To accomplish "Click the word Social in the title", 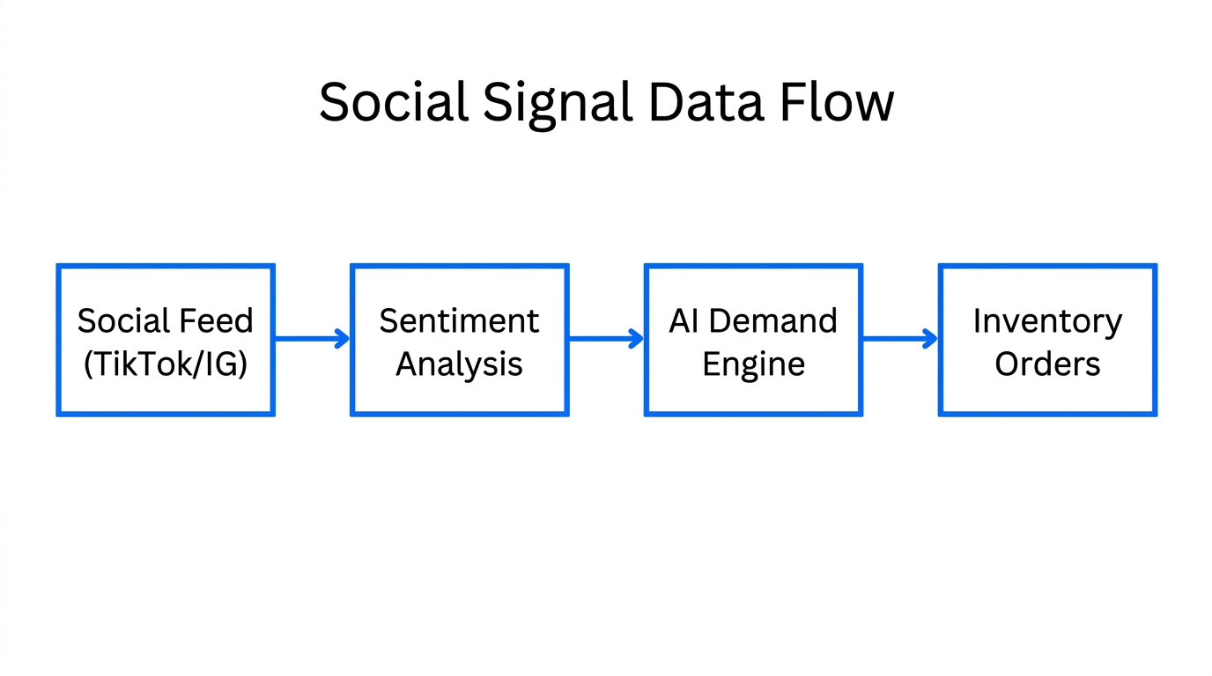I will point(393,102).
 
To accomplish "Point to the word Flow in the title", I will point(837,102).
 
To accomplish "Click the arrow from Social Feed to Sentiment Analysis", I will point(313,338).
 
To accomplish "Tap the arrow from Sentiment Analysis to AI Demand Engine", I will point(606,338).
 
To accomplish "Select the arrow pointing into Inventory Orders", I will point(900,338).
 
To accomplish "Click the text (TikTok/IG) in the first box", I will point(166,364).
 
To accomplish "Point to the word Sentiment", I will point(459,321).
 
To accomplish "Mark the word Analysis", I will point(459,364).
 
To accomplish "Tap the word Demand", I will point(773,321).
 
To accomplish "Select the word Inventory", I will point(1047,322).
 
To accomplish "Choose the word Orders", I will point(1047,364).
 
